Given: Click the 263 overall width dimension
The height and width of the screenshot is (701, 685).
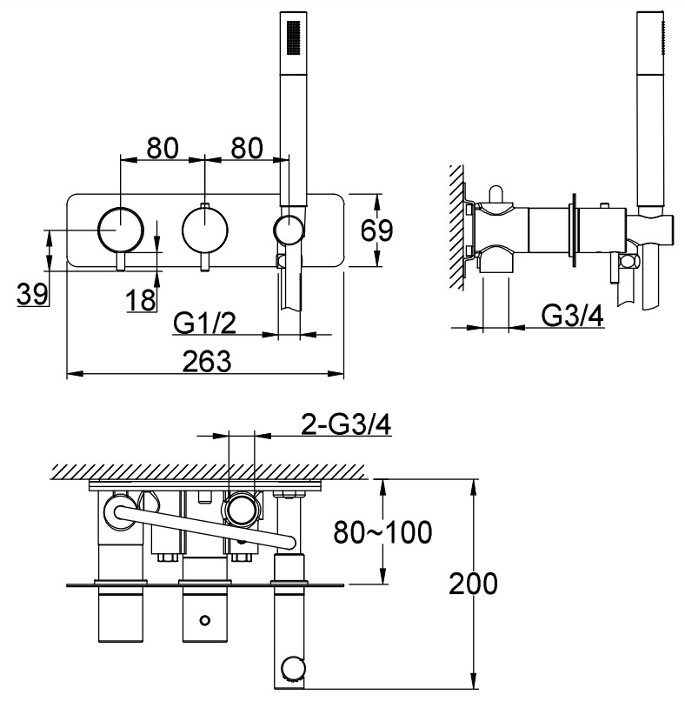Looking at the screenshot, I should click(x=206, y=361).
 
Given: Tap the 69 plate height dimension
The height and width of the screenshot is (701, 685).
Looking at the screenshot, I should click(x=376, y=231).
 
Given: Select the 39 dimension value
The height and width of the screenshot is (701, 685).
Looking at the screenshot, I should click(x=32, y=295).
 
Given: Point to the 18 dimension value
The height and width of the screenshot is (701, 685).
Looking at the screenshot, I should click(x=141, y=300).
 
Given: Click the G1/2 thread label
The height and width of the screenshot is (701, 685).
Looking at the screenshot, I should click(x=204, y=323).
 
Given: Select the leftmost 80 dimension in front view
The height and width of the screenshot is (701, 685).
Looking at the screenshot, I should click(x=163, y=148).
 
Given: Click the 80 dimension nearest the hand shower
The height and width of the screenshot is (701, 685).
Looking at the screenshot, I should click(x=245, y=148).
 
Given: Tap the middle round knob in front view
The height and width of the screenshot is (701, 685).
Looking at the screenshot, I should click(x=205, y=230).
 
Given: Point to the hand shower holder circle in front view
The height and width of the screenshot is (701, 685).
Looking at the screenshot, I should click(x=289, y=230).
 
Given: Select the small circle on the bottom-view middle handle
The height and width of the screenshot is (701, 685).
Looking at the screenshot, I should click(x=204, y=620).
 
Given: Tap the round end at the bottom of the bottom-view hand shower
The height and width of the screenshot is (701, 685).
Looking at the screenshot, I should click(x=292, y=669).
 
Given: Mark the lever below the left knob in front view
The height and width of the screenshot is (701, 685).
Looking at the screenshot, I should click(x=122, y=263).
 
